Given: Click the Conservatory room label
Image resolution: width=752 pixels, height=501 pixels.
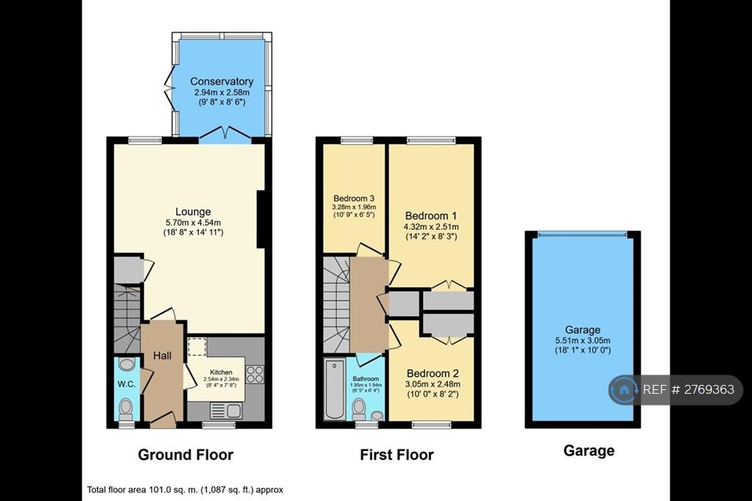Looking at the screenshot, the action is pos(222,82).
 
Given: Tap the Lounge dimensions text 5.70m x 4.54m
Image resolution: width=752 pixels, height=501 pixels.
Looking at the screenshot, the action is pos(193,223).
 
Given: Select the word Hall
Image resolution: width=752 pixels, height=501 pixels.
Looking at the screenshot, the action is pos(162,356).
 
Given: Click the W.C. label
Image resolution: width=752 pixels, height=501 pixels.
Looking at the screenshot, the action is pos(126,384).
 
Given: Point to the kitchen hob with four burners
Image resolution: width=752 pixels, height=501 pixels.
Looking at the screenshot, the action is pos(255,375).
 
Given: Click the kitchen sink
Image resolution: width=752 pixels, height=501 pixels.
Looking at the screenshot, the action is pos(226,411).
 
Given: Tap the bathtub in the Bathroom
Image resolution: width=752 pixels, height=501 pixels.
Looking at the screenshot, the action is pos(334,389).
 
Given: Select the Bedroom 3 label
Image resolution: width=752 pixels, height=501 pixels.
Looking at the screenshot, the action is pos(354,198).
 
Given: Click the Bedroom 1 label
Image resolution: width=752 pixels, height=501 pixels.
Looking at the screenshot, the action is pos(430,216).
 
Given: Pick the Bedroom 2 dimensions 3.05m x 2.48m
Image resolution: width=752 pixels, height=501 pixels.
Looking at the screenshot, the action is pos(433,384).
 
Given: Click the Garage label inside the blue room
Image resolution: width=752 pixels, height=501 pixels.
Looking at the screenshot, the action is pos(582,330).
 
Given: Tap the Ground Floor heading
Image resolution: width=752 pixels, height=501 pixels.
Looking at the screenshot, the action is pos(186,455).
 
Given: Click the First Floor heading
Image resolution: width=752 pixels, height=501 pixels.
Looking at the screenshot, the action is pos(397,455).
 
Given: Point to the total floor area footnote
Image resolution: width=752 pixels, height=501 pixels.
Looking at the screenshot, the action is pos(185,490).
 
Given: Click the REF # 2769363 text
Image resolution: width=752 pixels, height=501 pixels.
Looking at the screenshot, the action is pos(688,389).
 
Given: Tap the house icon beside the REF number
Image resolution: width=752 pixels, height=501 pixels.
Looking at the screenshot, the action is pos(624,389).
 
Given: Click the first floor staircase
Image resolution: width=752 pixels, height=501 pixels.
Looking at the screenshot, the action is pos(336,305).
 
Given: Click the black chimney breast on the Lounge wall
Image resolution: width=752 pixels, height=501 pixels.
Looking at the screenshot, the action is pos(261,220).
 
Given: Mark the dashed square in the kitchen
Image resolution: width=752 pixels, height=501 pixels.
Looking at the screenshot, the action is pos(197,347).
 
